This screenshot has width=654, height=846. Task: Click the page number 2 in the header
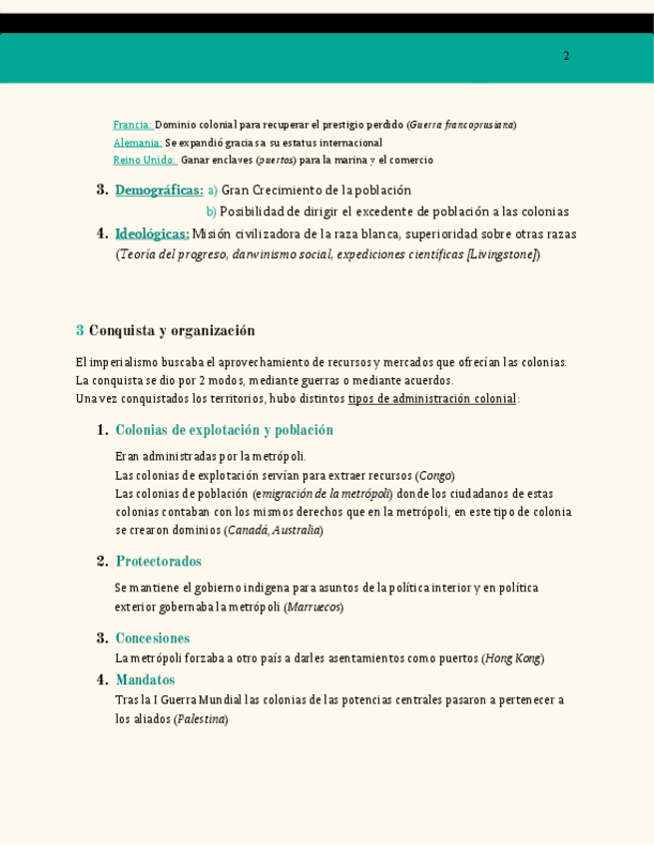566,56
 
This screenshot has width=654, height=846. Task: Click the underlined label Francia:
132,125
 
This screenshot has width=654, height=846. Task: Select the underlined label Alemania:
137,143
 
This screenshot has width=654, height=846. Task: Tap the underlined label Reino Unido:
144,160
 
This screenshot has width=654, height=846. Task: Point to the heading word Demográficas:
159,190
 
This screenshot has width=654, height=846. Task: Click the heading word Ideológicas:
152,233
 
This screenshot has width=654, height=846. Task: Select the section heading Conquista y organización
172,330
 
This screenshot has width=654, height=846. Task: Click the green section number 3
80,330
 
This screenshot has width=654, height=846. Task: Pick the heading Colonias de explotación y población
224,430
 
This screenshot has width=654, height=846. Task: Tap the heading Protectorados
158,561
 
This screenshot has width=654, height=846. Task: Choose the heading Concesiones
152,637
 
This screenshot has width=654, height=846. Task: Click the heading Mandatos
145,679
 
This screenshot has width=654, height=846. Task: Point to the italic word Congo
435,476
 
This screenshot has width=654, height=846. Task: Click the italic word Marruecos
314,607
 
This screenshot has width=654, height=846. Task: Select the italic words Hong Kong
512,658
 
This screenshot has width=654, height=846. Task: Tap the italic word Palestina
201,718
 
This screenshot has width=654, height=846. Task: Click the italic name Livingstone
502,254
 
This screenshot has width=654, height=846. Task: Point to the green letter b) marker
211,211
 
